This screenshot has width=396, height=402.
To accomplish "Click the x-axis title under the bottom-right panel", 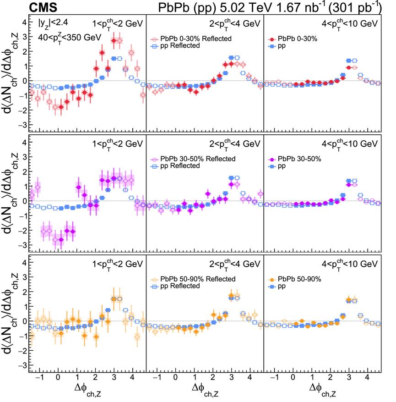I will [x=323, y=391].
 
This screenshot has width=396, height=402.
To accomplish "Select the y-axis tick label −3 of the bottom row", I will [x=22, y=365].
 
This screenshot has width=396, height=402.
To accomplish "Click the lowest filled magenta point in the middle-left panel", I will [x=61, y=239].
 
